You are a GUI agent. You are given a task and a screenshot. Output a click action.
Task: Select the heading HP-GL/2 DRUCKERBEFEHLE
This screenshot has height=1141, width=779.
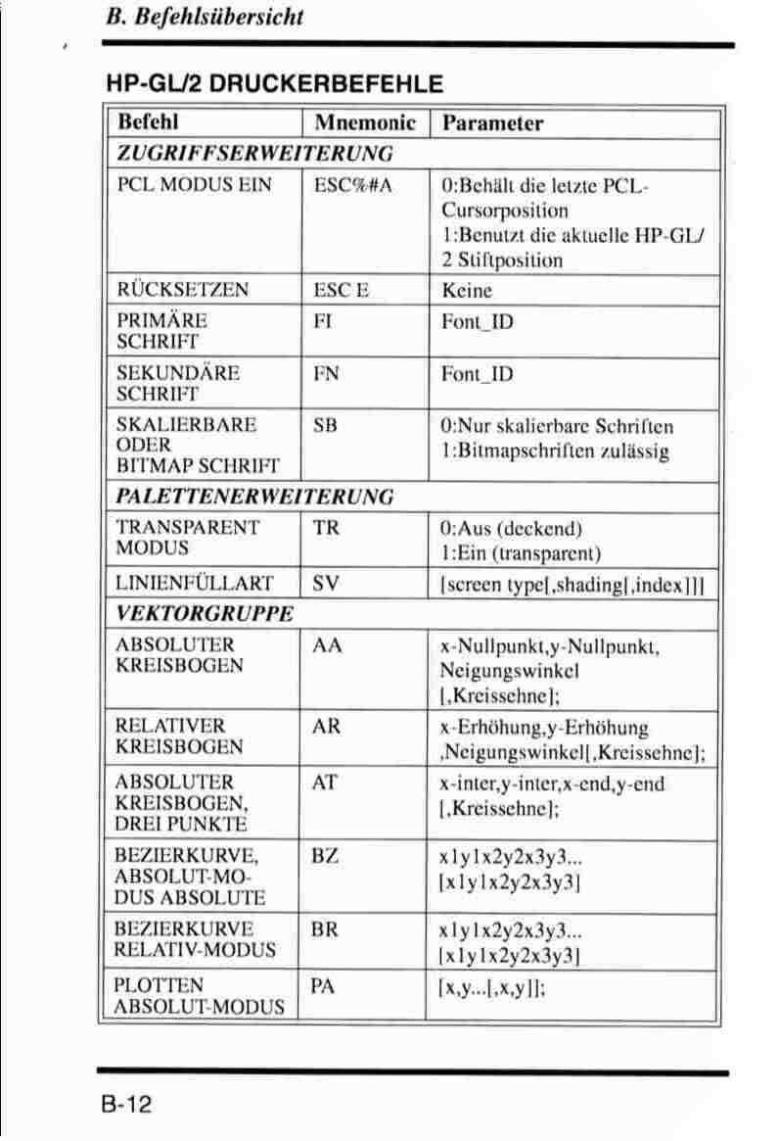pyautogui.click(x=274, y=84)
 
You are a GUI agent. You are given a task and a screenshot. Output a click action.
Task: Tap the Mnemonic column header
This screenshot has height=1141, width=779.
pyautogui.click(x=365, y=123)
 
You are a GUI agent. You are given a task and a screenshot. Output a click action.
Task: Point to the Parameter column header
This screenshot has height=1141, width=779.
pyautogui.click(x=492, y=123)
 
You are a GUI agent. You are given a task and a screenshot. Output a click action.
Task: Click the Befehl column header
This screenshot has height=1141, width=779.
pyautogui.click(x=148, y=123)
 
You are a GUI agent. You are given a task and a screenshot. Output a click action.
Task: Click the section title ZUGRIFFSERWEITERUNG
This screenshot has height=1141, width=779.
pyautogui.click(x=254, y=153)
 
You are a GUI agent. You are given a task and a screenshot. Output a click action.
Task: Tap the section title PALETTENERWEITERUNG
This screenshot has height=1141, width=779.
pyautogui.click(x=254, y=496)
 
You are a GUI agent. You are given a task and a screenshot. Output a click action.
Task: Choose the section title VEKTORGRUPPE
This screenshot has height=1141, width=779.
pyautogui.click(x=205, y=614)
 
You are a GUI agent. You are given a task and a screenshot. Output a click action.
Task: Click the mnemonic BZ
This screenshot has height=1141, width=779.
pyautogui.click(x=325, y=855)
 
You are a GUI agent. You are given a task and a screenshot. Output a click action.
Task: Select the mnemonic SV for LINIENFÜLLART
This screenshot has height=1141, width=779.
pyautogui.click(x=326, y=585)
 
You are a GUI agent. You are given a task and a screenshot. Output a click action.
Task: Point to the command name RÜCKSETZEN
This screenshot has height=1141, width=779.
pyautogui.click(x=182, y=290)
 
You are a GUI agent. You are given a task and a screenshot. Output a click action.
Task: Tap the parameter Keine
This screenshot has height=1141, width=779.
pyautogui.click(x=467, y=291)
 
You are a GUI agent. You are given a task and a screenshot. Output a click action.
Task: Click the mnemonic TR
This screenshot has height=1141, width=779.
pyautogui.click(x=326, y=527)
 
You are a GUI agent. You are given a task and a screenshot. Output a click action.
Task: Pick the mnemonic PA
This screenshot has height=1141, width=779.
pyautogui.click(x=324, y=986)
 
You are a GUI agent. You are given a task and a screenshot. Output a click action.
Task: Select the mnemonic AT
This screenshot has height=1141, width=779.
pyautogui.click(x=325, y=783)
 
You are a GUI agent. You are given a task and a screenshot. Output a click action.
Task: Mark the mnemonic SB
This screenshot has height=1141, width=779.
pyautogui.click(x=325, y=426)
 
